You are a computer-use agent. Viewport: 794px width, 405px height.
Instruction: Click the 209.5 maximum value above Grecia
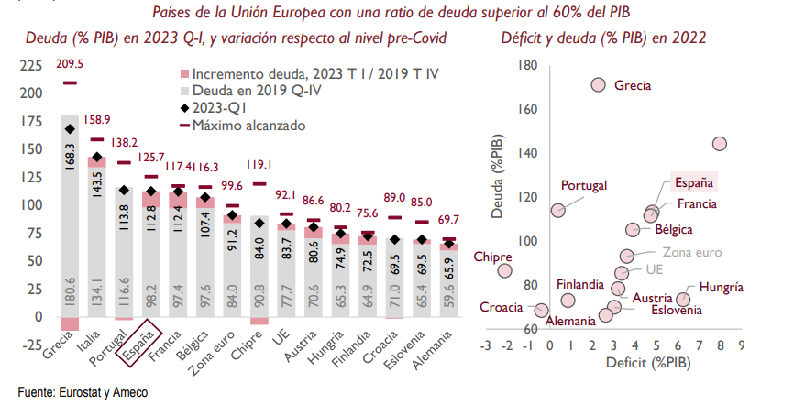[70, 63]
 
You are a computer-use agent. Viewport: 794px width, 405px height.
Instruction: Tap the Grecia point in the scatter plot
[599, 84]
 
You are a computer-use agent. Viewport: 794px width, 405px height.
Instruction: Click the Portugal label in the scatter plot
[584, 185]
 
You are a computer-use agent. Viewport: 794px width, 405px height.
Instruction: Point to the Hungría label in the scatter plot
[720, 288]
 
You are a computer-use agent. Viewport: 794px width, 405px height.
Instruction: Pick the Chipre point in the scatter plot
[504, 270]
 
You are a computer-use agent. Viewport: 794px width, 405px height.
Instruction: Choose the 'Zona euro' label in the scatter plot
[692, 252]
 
